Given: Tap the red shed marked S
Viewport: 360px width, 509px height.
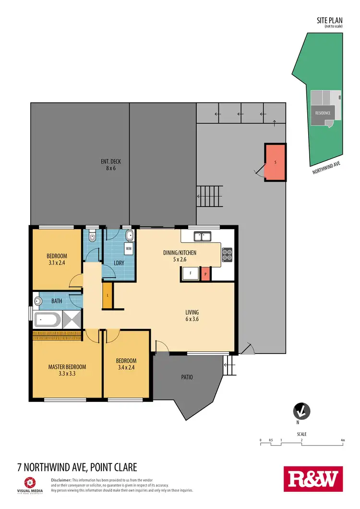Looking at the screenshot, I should coord(275,162).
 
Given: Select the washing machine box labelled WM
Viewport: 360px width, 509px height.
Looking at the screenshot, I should coord(129,249).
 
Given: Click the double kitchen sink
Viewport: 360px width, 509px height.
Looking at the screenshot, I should coord(203,236).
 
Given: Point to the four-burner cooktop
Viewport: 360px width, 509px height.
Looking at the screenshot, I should coord(227,253).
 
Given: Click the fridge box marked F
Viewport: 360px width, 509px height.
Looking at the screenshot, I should coord(190,274).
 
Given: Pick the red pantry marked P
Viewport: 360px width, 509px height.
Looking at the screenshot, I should coord(205,274).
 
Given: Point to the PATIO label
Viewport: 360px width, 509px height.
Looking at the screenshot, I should coord(187,377).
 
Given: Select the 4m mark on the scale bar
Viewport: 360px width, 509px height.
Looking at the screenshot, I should coord(342,440).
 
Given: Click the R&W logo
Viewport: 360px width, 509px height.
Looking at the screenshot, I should coord(314,479).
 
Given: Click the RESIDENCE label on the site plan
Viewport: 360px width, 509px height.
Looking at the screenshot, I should coord(323,113).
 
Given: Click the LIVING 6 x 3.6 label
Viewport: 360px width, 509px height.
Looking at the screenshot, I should coord(192,315).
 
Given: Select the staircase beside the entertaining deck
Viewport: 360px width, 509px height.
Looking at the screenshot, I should coord(210,196).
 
